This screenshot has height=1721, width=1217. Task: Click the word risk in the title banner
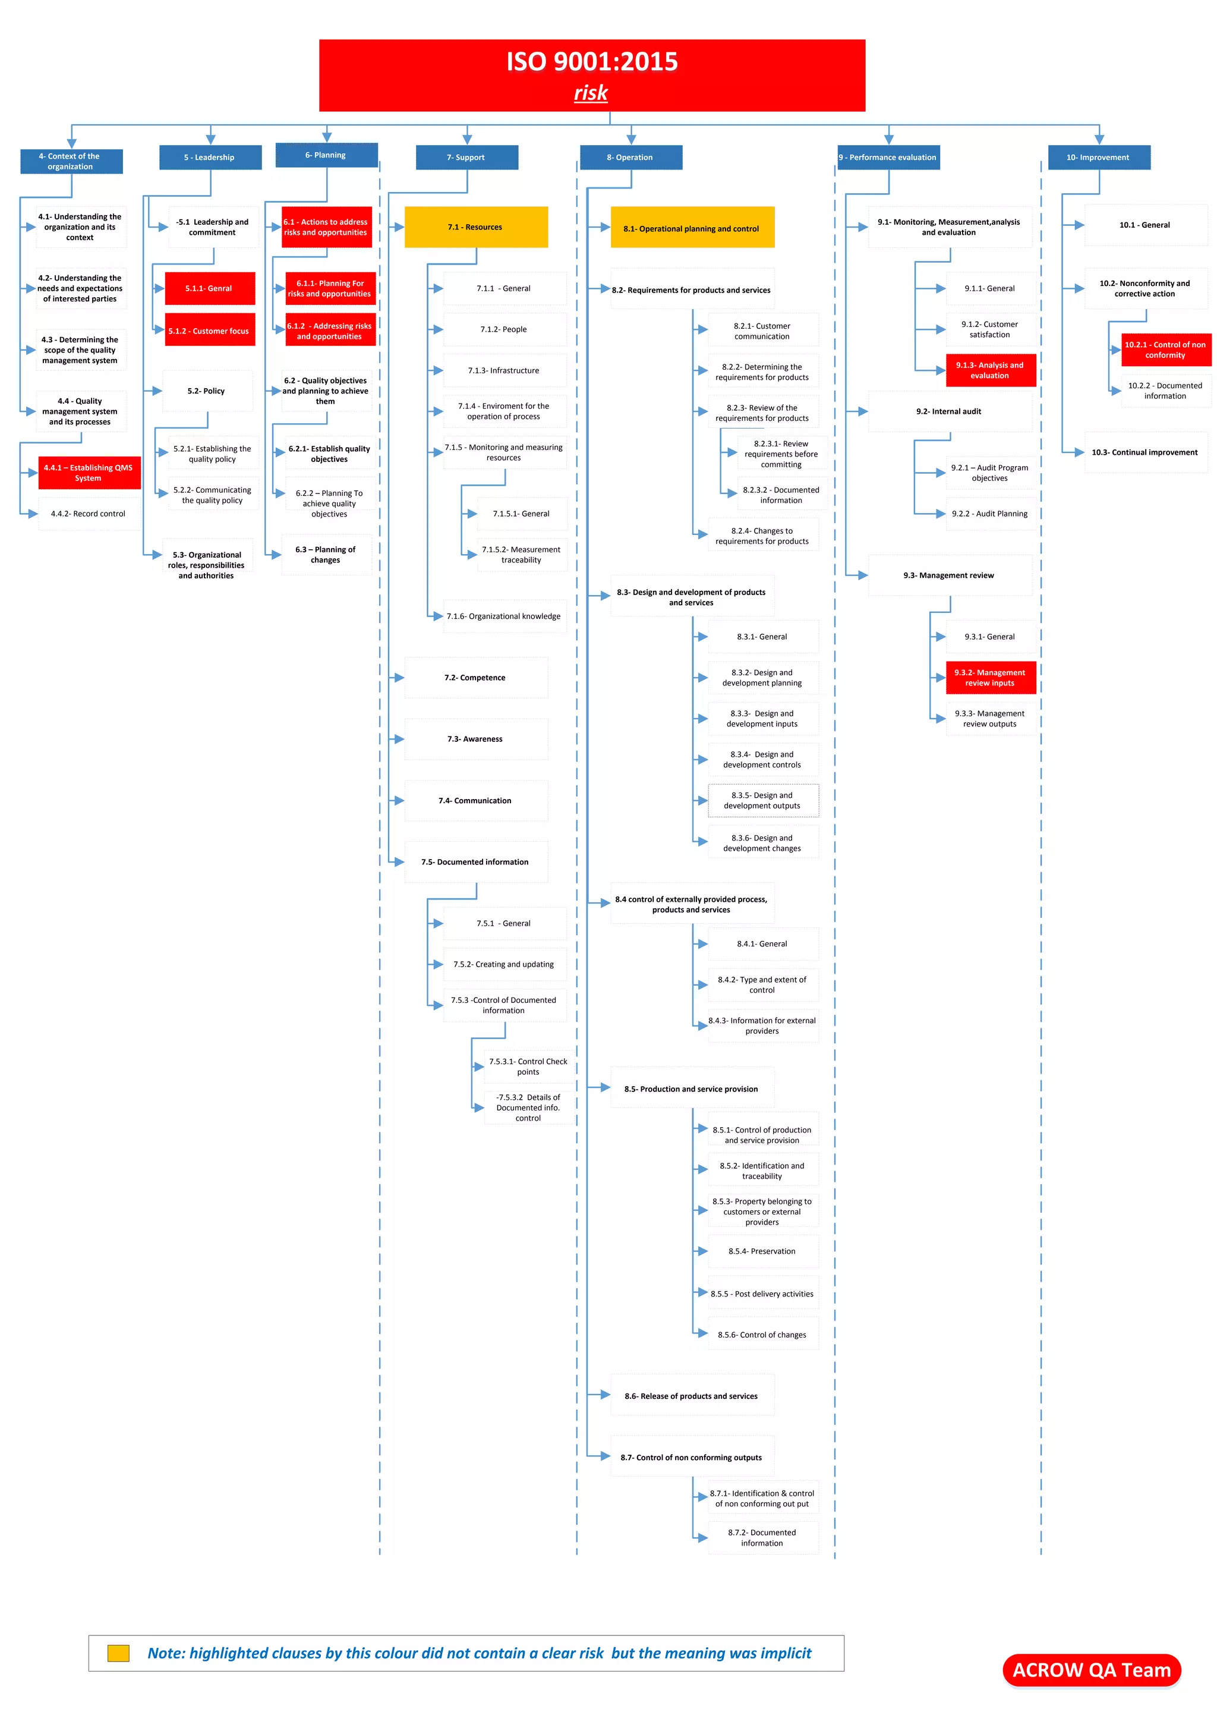tap(591, 93)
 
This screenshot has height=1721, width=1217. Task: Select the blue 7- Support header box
tap(467, 158)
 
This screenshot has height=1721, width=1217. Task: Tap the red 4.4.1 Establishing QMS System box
tap(89, 473)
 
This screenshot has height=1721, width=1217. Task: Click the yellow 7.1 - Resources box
tap(476, 227)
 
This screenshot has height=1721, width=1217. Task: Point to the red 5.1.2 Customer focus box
tap(210, 331)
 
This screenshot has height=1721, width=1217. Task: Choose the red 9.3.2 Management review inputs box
tap(990, 678)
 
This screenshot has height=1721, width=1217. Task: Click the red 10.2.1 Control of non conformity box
tap(1165, 350)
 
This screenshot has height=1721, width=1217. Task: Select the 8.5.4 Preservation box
tap(763, 1251)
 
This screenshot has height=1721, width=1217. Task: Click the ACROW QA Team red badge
tap(1091, 1670)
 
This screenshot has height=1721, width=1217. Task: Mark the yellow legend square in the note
tap(118, 1653)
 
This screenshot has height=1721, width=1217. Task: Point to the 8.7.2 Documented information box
tap(763, 1537)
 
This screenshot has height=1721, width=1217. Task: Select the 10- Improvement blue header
tap(1099, 158)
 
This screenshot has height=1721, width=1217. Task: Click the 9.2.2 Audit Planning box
tap(990, 514)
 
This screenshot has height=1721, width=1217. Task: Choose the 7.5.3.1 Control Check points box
tap(528, 1066)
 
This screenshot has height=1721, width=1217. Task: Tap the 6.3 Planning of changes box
tap(326, 555)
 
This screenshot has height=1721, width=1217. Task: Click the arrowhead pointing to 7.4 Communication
tap(398, 801)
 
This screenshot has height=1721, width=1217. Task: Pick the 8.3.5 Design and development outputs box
tap(763, 801)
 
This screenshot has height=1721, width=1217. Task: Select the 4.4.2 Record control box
tap(89, 514)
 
